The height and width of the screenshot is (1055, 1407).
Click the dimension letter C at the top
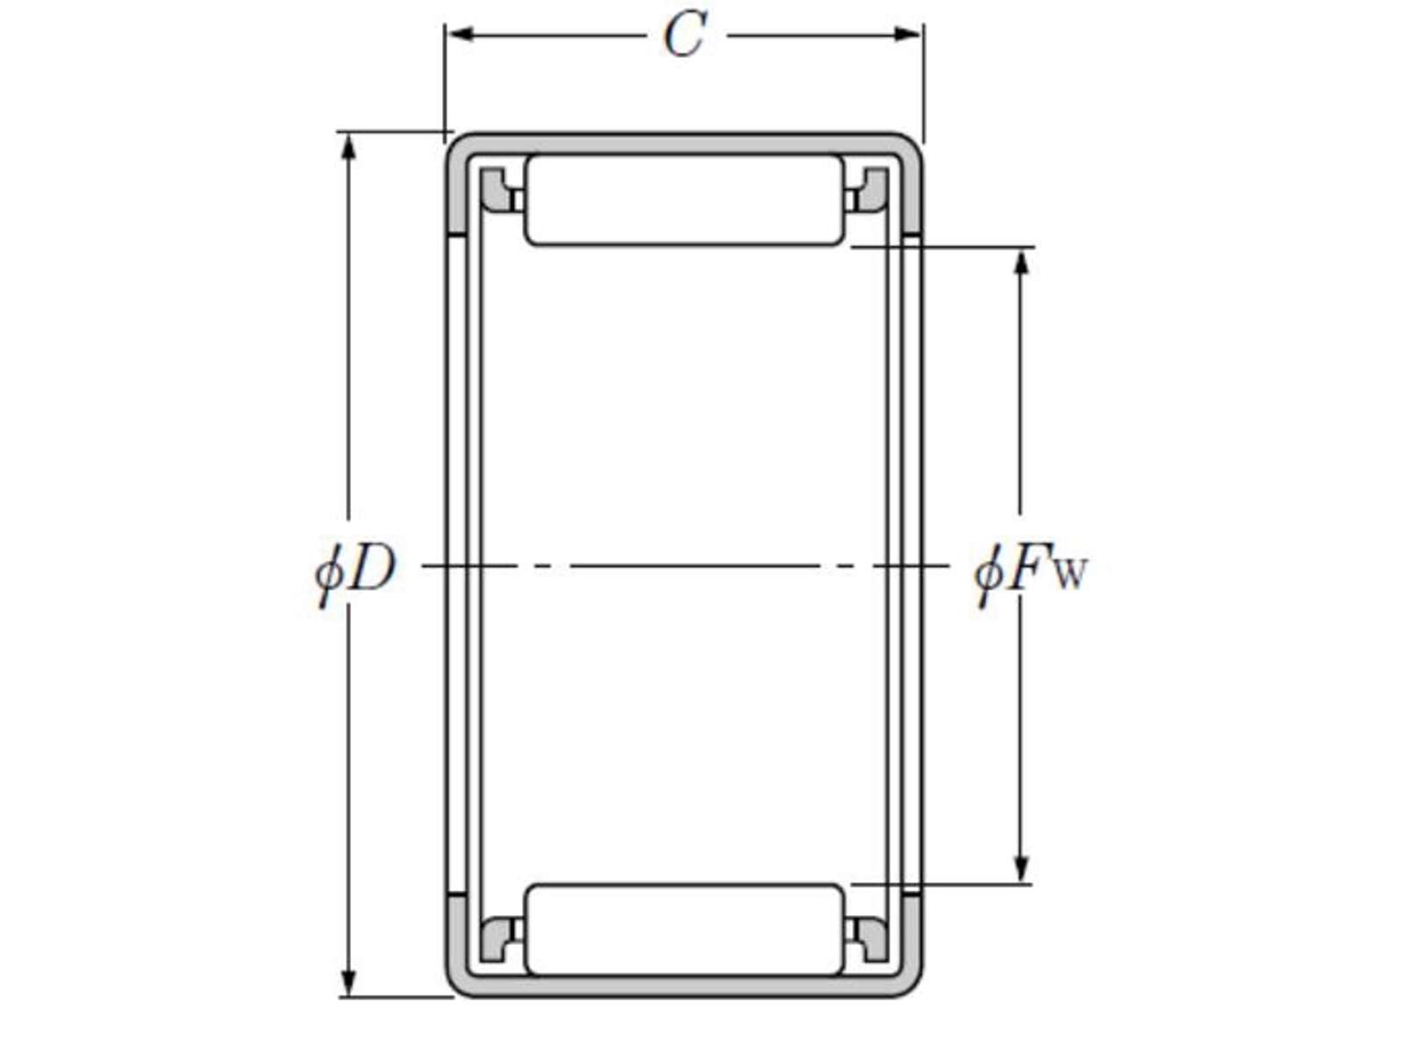point(685,35)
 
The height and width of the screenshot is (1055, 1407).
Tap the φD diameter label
point(354,572)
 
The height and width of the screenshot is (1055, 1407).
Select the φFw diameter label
point(1031,572)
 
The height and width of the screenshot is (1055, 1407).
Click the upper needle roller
point(684,200)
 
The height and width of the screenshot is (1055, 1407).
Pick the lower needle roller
point(684,930)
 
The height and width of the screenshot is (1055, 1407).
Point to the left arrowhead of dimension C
point(459,34)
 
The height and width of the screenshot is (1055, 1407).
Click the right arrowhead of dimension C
point(909,34)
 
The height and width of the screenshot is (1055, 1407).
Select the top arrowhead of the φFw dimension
point(1023,262)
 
